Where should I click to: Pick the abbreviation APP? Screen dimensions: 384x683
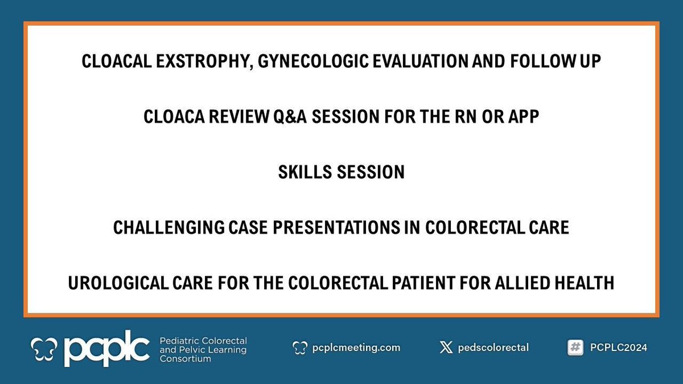525,117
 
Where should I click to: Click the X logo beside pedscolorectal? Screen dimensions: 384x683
446,348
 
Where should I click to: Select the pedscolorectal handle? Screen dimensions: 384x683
493,348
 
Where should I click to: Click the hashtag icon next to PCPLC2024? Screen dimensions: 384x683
575,348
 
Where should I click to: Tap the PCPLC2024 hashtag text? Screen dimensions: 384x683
619,348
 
